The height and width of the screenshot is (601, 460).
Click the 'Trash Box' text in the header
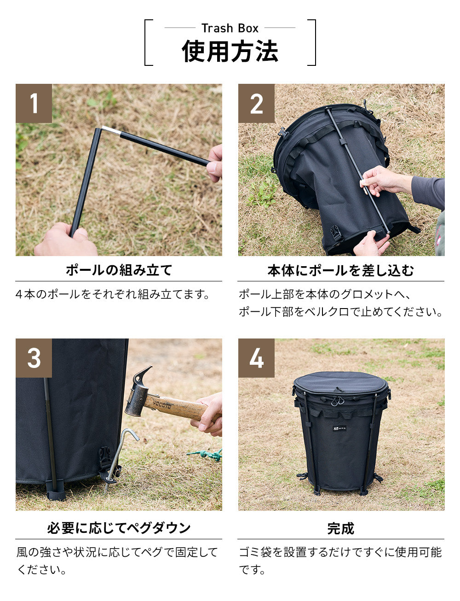click(x=230, y=28)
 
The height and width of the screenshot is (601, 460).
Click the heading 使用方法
click(x=230, y=51)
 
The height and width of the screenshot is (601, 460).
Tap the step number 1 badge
click(x=34, y=104)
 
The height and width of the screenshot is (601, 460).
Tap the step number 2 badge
click(x=256, y=104)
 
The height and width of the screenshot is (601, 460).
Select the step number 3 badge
click(x=34, y=358)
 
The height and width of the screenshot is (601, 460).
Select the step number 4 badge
click(x=256, y=358)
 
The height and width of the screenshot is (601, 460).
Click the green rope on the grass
click(x=207, y=455)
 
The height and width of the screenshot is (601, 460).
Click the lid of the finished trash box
click(x=340, y=382)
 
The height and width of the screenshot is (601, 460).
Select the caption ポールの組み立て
click(x=119, y=270)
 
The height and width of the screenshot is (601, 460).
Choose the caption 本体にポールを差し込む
click(x=341, y=270)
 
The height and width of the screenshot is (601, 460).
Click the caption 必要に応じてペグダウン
click(x=119, y=528)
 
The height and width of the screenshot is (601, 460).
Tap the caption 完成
click(x=341, y=528)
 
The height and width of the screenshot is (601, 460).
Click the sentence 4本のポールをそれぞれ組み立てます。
click(x=113, y=294)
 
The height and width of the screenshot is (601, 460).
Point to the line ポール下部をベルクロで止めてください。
click(x=341, y=312)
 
